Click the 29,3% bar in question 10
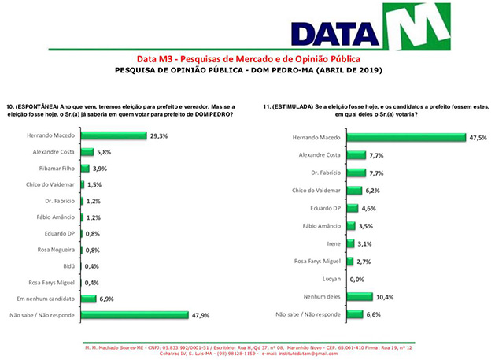113,135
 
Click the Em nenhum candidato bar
86,299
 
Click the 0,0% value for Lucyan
358,280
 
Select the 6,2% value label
373,190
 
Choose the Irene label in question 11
333,243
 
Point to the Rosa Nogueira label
54,250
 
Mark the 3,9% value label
100,169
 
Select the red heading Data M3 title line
248,59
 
